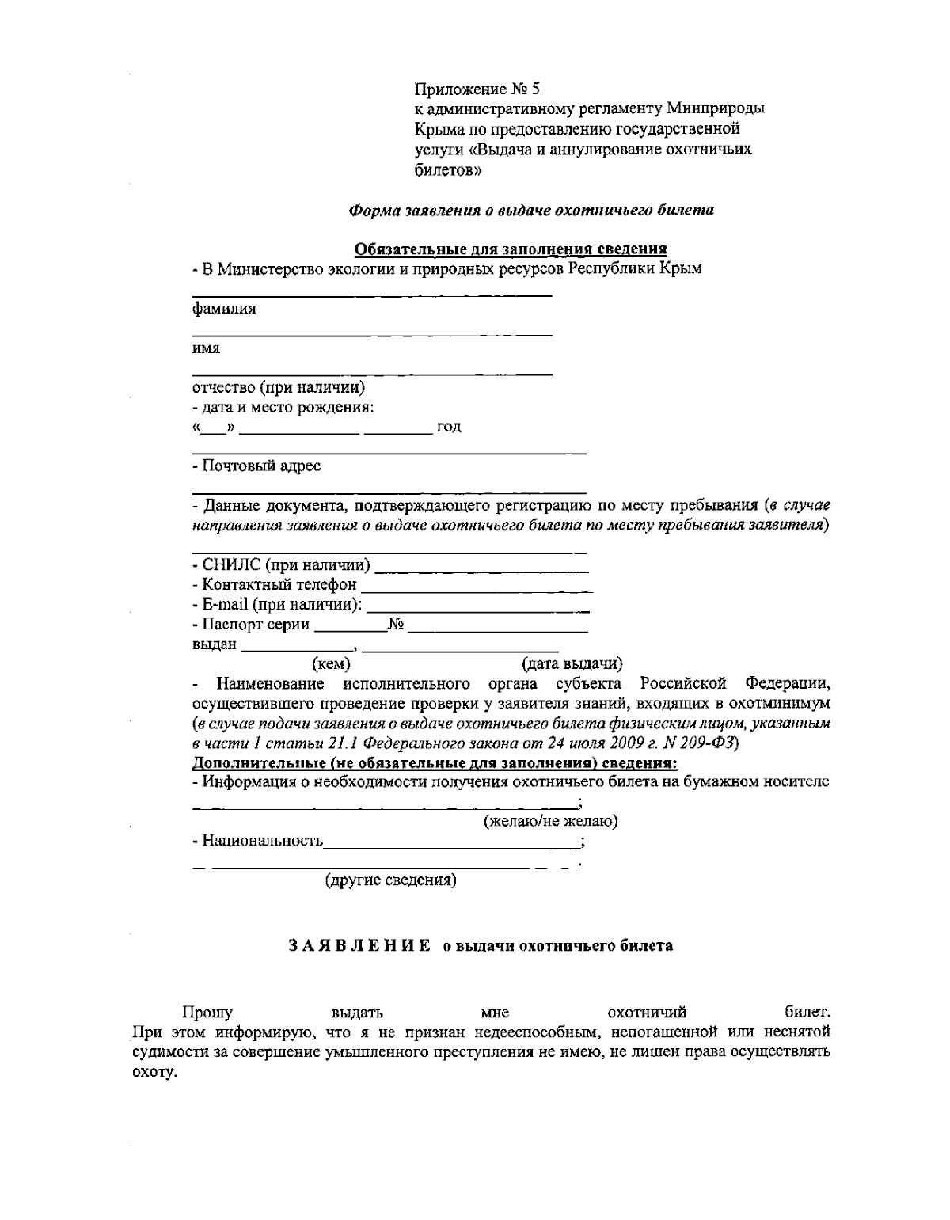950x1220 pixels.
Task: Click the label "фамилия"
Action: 224,309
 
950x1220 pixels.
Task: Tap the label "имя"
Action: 206,348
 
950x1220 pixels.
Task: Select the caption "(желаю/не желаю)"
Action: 550,822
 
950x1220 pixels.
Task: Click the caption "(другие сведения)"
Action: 391,880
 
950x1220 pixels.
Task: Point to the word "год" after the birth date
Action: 449,428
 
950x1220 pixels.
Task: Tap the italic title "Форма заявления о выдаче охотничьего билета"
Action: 531,211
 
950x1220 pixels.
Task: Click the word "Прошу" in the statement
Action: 207,1012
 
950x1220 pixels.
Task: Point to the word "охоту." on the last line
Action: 153,1074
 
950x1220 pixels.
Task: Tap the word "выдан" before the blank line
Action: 215,644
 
